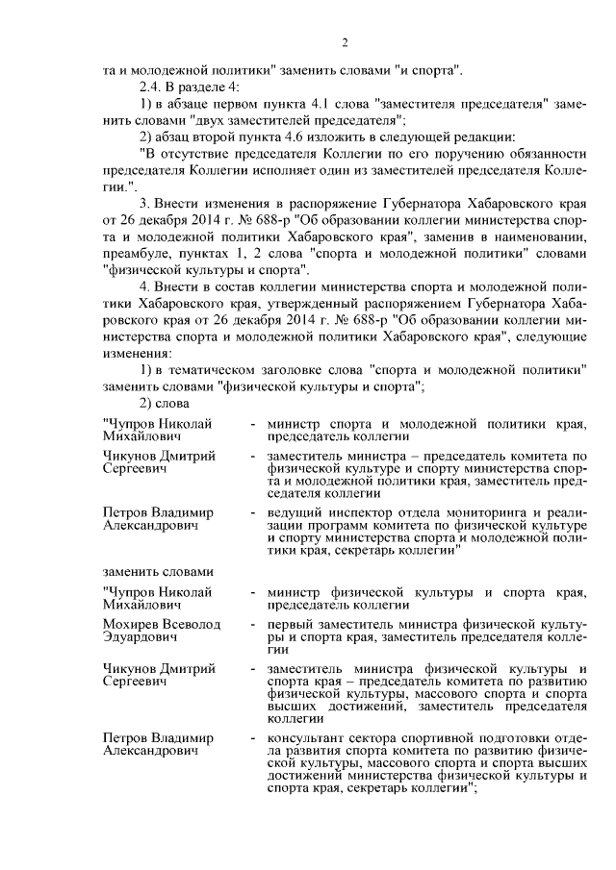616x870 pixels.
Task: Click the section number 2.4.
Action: click(152, 87)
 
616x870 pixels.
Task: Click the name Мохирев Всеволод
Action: click(162, 624)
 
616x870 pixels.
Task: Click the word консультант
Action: click(307, 736)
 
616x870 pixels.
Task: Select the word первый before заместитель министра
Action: click(292, 624)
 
